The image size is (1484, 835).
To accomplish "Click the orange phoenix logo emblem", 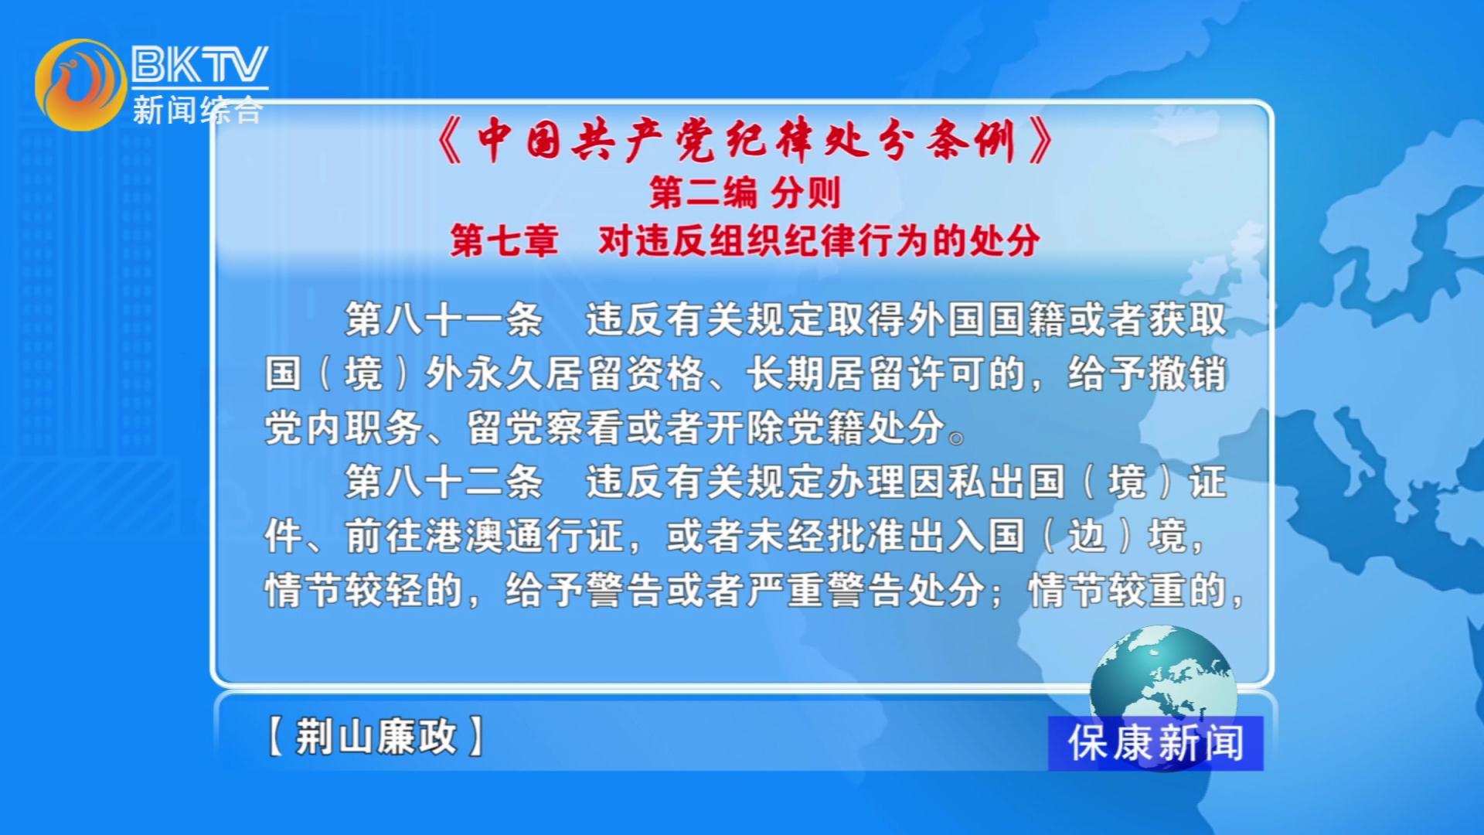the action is tap(80, 84).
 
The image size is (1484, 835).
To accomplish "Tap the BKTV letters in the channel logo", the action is tap(199, 64).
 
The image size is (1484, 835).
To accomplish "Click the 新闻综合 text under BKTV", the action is tap(198, 110).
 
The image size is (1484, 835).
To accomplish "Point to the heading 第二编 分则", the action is tap(744, 193).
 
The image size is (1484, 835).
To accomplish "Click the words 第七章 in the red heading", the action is tap(504, 240).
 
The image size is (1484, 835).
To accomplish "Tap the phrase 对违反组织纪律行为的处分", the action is tap(819, 240).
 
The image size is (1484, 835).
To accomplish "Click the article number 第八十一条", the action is tap(444, 319).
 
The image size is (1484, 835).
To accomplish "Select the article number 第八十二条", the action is tap(444, 482).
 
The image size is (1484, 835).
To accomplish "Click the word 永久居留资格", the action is tap(584, 373).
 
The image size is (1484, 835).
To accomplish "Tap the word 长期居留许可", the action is tap(866, 373).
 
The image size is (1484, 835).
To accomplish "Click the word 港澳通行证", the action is tap(525, 536).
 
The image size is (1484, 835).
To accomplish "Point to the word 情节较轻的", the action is tap(364, 590).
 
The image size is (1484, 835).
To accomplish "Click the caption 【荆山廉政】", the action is tap(376, 736).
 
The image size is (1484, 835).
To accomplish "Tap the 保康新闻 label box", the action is tap(1156, 743).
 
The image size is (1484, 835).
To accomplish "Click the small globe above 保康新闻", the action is tap(1163, 673).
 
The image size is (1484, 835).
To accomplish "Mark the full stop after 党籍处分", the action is tap(957, 438).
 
